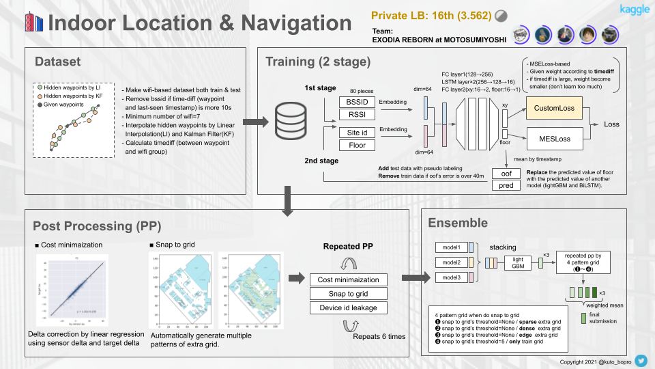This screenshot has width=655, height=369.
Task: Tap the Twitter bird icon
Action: click(642, 359)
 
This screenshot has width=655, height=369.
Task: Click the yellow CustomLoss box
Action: click(555, 108)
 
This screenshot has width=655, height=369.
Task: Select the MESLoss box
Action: click(555, 139)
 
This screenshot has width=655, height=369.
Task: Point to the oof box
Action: click(506, 174)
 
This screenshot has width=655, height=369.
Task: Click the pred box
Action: click(506, 185)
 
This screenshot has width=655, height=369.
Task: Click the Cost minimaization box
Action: click(347, 279)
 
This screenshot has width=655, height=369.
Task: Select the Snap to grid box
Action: click(347, 294)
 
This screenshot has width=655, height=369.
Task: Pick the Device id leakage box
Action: click(347, 308)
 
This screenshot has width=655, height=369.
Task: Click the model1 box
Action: click(451, 247)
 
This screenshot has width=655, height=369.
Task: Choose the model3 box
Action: click(451, 277)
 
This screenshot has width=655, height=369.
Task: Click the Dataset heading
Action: click(58, 61)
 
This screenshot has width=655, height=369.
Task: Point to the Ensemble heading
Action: click(457, 223)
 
